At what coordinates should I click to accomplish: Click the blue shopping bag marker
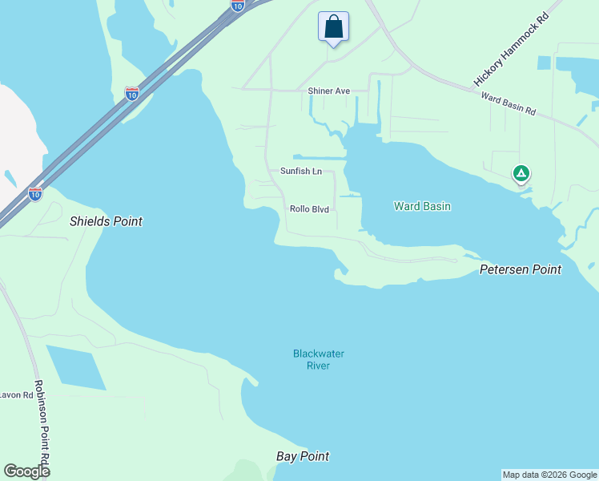[333, 26]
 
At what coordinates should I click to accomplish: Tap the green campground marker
[521, 173]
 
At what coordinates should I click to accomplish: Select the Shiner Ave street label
[329, 91]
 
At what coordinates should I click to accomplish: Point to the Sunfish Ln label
[300, 172]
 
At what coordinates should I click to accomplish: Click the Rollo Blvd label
[309, 209]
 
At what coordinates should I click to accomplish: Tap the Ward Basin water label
[422, 206]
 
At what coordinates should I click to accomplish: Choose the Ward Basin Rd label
[508, 104]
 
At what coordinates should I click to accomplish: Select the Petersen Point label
[520, 269]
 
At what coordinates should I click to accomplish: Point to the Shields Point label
[106, 221]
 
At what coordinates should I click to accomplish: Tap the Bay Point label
[303, 456]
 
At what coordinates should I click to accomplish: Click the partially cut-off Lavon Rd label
[15, 394]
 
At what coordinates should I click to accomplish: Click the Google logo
[26, 471]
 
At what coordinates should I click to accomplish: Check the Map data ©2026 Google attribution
[549, 475]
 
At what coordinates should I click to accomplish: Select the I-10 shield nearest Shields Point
[34, 193]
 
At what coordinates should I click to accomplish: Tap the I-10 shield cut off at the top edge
[238, 5]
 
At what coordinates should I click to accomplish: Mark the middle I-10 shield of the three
[132, 94]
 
